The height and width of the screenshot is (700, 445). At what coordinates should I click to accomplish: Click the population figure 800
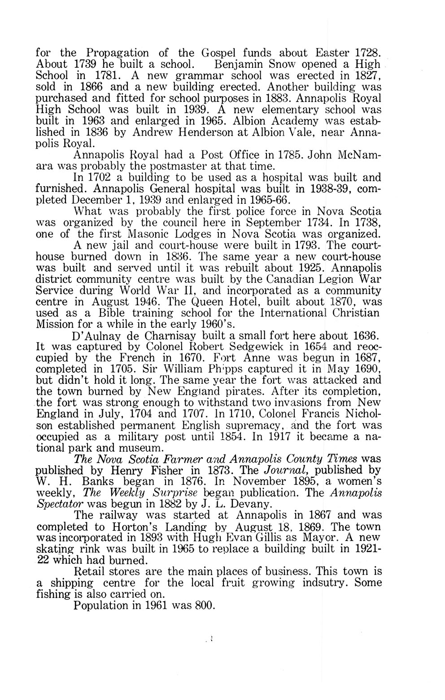(204, 605)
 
